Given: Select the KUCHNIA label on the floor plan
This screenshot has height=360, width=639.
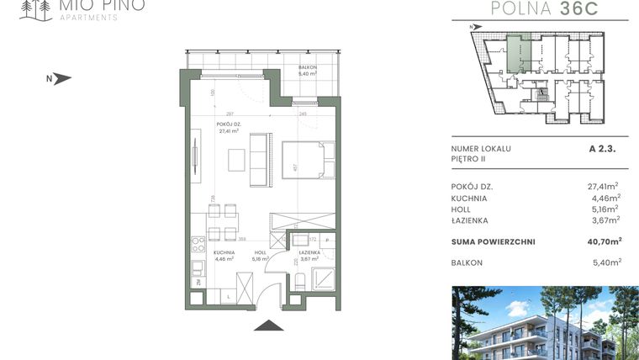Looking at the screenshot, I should [224, 252].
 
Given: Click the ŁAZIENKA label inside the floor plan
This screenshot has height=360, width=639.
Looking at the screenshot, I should [309, 252].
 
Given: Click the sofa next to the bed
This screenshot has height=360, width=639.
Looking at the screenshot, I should [259, 159].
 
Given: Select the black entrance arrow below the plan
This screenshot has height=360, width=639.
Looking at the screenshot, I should [267, 327].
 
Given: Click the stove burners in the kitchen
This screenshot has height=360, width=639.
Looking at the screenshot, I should [199, 246].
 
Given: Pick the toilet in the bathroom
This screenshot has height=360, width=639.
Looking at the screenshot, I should [298, 281].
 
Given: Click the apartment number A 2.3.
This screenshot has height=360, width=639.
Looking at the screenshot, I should [603, 148].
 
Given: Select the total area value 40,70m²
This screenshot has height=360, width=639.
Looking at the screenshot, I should [604, 241].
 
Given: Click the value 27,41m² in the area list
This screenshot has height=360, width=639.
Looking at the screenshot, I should [603, 186].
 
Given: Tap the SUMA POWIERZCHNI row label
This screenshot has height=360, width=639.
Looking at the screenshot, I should [493, 241].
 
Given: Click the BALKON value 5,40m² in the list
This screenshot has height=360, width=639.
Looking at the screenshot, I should [605, 262].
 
